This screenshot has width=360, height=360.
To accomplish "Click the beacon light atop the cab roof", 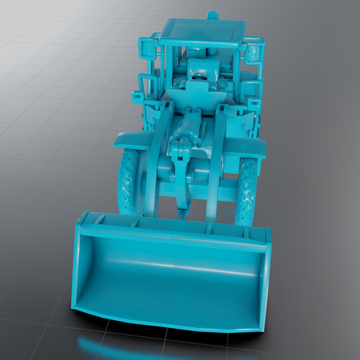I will pos(212,15).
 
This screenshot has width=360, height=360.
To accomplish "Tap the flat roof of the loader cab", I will pos(202,29).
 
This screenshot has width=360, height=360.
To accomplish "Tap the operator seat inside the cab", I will pos(200,70).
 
